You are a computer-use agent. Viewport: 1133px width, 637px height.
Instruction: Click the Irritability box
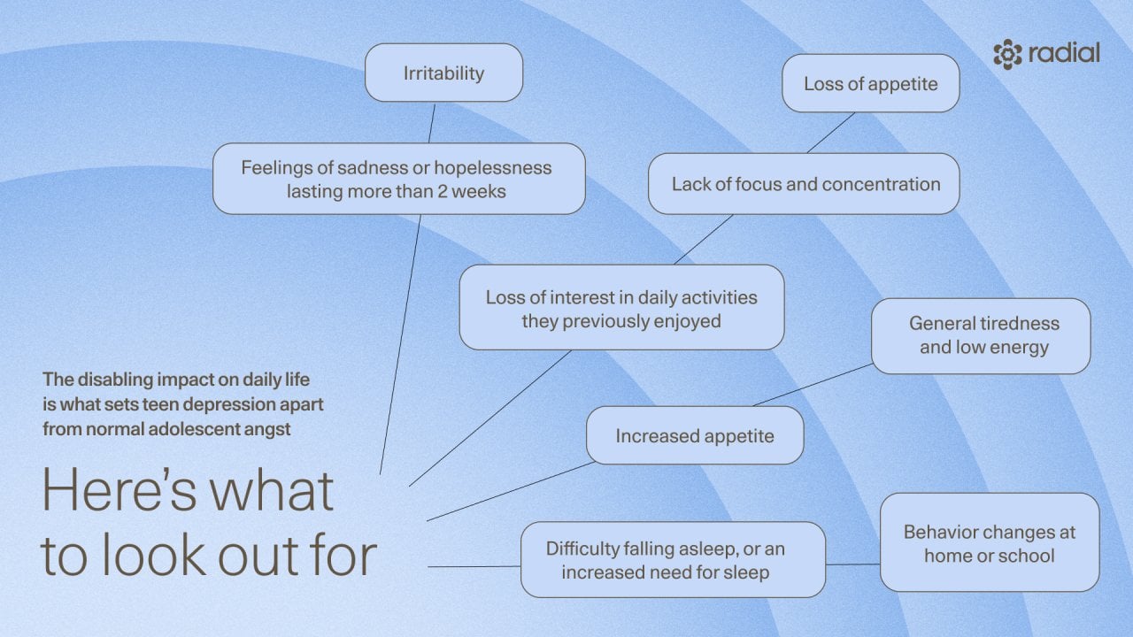(443, 73)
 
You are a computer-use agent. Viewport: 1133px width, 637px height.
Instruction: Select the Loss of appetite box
(870, 84)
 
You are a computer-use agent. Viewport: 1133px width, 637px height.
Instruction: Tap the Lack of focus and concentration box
(804, 184)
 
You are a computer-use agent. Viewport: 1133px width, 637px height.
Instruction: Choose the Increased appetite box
(695, 435)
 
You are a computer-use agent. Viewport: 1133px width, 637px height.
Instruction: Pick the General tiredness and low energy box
(981, 335)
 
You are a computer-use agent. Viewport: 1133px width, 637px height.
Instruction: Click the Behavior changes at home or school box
(989, 543)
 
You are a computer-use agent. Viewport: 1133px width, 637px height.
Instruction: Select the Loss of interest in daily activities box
(621, 308)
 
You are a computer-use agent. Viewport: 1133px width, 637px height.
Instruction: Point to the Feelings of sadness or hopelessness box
(398, 179)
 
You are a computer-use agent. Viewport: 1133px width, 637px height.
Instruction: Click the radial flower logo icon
(1007, 54)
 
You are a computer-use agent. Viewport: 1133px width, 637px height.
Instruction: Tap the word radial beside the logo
(1065, 53)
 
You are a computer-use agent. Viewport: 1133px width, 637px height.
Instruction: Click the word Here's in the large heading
(188, 492)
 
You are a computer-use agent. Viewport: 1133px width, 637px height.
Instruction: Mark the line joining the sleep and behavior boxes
(852, 564)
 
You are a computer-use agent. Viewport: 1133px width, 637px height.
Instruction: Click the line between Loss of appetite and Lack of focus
(830, 133)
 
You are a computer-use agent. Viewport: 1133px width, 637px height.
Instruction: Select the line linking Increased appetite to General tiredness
(813, 384)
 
